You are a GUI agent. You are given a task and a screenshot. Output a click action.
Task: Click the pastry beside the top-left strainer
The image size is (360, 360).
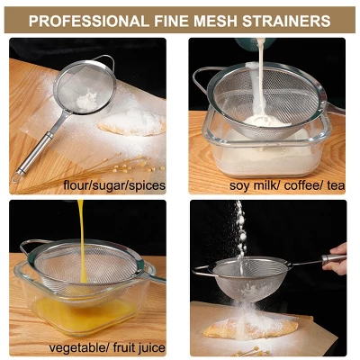(x=133, y=124)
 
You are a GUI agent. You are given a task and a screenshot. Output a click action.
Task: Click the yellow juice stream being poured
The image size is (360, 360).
(x=81, y=229)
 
